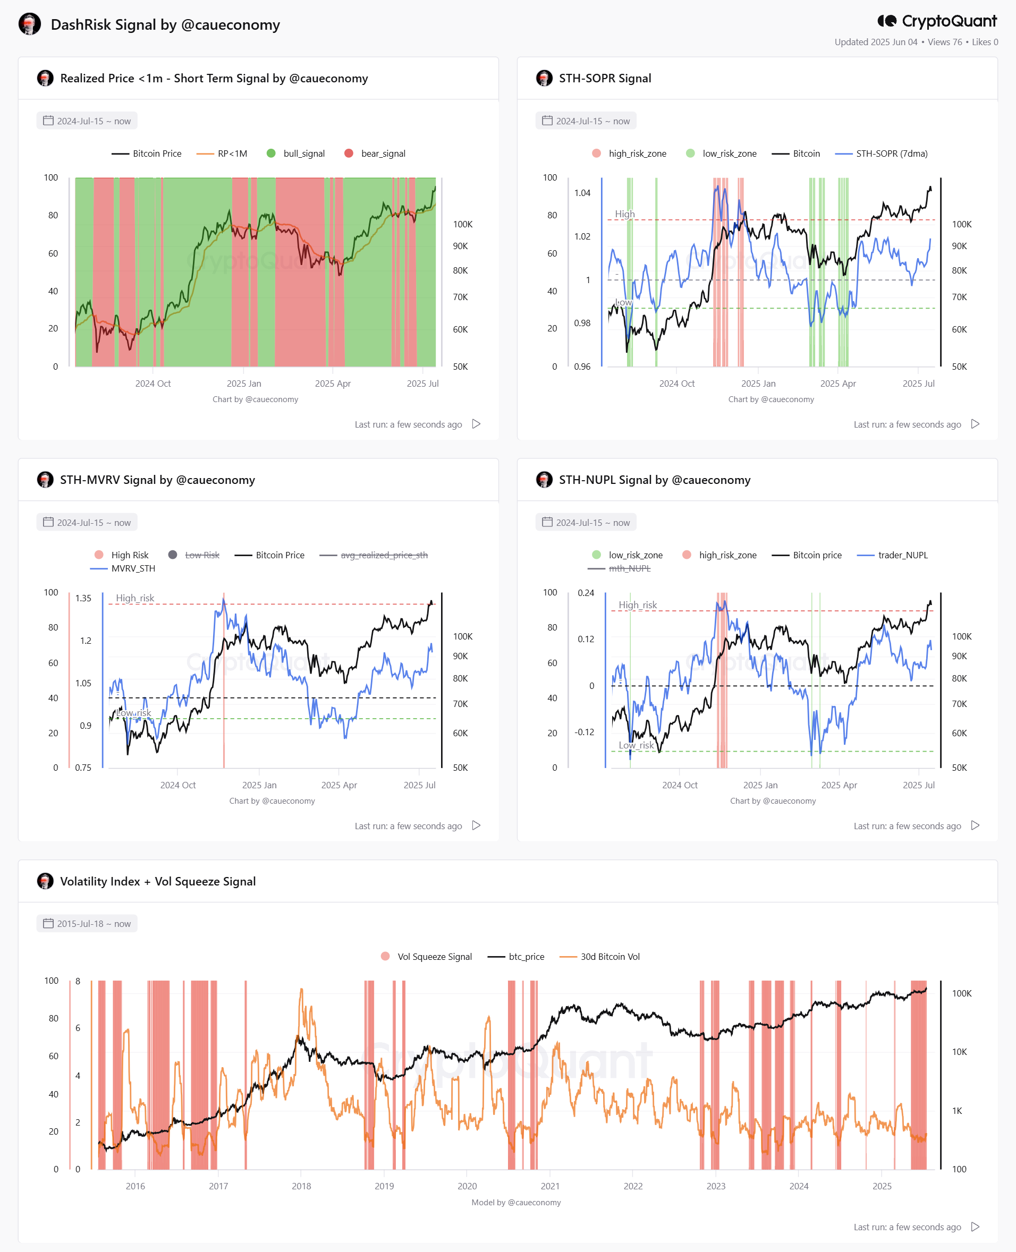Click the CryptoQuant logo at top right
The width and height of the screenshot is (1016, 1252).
pyautogui.click(x=936, y=21)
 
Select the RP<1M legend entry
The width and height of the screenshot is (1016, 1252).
pyautogui.click(x=222, y=154)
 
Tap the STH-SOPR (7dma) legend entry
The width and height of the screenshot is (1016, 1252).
pyautogui.click(x=881, y=154)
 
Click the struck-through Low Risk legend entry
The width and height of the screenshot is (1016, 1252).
pyautogui.click(x=194, y=555)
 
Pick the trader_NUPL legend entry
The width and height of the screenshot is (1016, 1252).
pyautogui.click(x=892, y=555)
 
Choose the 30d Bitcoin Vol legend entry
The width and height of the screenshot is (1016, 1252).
pyautogui.click(x=599, y=957)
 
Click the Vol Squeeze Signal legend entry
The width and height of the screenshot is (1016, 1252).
pyautogui.click(x=426, y=957)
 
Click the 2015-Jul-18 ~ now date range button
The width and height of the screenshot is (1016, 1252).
pyautogui.click(x=87, y=923)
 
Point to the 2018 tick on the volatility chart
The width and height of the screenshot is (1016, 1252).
pyautogui.click(x=301, y=1186)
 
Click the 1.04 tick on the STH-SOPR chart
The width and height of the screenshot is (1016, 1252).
pyautogui.click(x=582, y=192)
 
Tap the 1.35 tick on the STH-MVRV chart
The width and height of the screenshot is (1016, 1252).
pyautogui.click(x=83, y=598)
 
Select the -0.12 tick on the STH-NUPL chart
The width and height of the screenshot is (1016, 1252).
pyautogui.click(x=584, y=732)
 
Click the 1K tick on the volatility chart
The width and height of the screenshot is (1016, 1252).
pyautogui.click(x=957, y=1110)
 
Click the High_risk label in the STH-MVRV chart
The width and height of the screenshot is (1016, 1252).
pyautogui.click(x=135, y=598)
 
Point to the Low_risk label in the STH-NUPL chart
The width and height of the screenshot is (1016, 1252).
pyautogui.click(x=636, y=745)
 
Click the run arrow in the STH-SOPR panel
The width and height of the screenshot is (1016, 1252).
pyautogui.click(x=975, y=423)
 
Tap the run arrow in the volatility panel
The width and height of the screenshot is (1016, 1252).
pyautogui.click(x=975, y=1227)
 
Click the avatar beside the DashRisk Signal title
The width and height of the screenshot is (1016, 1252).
pyautogui.click(x=30, y=24)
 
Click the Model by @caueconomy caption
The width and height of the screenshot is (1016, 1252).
pyautogui.click(x=516, y=1202)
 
